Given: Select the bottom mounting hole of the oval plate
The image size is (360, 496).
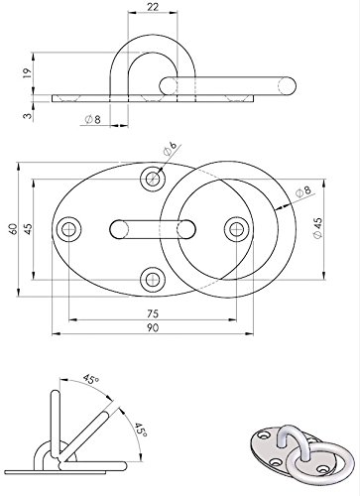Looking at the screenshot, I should click(x=152, y=277).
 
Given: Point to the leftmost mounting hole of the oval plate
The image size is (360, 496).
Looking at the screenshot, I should click(x=69, y=229).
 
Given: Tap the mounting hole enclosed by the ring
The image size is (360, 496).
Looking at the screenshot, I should click(x=235, y=229).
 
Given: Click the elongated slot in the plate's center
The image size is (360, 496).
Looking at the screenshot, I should click(x=152, y=229).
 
